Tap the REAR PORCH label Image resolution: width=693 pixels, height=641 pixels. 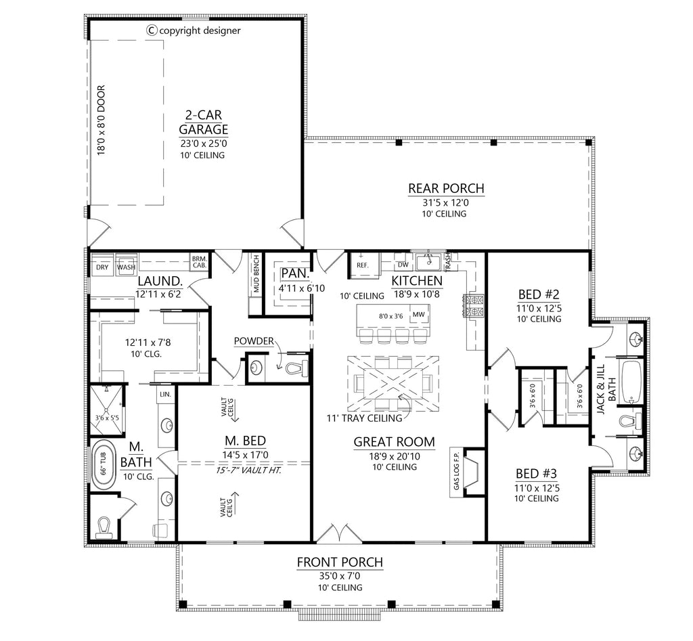[446, 189]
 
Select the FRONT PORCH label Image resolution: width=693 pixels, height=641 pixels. [340, 562]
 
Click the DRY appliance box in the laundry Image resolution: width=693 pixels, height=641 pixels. [102, 267]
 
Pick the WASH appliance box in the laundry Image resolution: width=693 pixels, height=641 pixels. [126, 267]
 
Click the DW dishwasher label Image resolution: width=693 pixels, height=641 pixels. [403, 265]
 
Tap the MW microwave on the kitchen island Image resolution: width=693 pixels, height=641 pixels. [418, 314]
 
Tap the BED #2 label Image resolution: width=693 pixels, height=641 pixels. [539, 294]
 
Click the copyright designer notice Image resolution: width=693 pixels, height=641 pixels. [193, 30]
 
